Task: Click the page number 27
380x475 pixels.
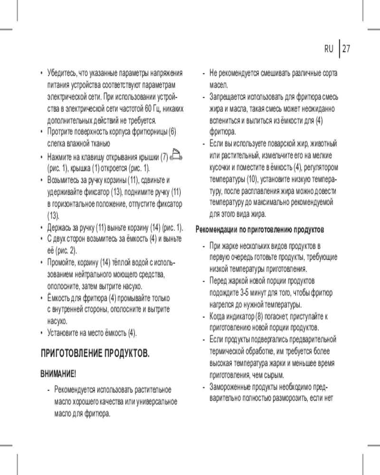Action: (345, 49)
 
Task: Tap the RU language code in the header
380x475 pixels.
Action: (329, 49)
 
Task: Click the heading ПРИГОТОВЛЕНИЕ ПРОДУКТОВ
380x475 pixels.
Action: (95, 354)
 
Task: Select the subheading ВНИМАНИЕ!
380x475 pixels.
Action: (57, 374)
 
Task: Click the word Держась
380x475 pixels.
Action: (59, 227)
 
